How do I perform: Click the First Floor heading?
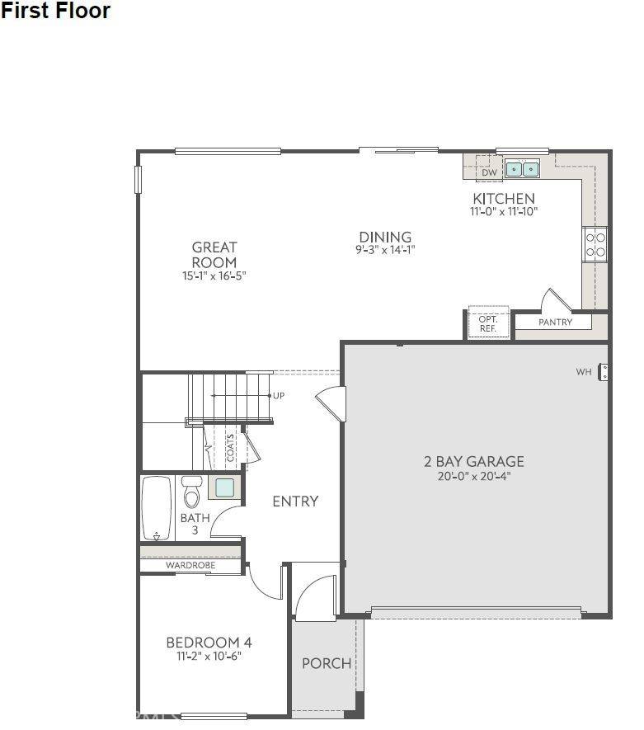(x=56, y=12)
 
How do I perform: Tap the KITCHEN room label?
(x=503, y=199)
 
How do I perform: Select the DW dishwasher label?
(x=489, y=172)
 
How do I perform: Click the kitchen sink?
(x=522, y=169)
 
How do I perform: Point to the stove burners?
(x=595, y=243)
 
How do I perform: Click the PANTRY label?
(x=555, y=323)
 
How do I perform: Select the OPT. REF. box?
(x=488, y=323)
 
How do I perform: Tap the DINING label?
(x=385, y=238)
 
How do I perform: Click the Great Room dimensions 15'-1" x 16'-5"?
(x=214, y=276)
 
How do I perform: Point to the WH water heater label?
(x=584, y=372)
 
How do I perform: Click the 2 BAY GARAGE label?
(x=473, y=462)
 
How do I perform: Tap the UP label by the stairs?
(x=279, y=396)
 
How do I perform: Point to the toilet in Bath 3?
(x=192, y=492)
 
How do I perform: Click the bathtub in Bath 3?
(x=156, y=507)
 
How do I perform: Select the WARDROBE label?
(x=190, y=566)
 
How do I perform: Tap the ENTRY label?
(x=295, y=502)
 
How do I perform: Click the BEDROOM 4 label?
(x=209, y=643)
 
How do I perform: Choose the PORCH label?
(x=326, y=663)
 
